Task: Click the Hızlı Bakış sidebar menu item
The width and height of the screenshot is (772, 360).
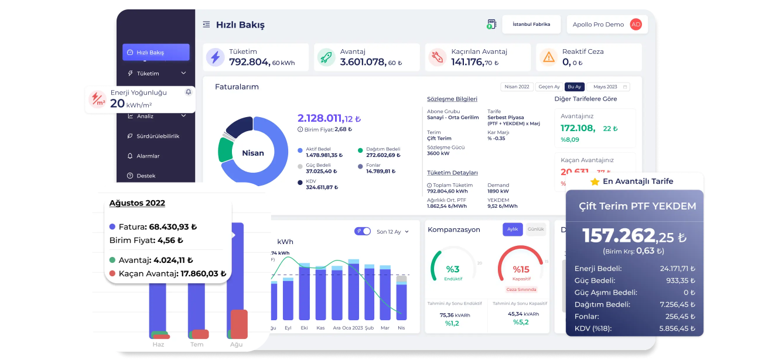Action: (x=156, y=52)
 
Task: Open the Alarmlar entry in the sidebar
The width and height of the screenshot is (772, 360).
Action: (x=148, y=156)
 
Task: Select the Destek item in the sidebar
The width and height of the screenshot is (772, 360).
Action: (x=145, y=176)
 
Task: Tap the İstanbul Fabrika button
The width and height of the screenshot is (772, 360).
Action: (x=531, y=25)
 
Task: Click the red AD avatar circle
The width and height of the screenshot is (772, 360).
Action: (x=636, y=25)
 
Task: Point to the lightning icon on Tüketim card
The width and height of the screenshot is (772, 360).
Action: (x=216, y=57)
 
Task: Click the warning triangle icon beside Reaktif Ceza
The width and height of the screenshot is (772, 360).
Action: (x=549, y=57)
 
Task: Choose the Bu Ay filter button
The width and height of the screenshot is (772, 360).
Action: (x=574, y=87)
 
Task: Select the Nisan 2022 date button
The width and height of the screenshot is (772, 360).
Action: (x=517, y=87)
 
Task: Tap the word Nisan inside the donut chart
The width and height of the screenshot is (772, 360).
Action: (x=253, y=153)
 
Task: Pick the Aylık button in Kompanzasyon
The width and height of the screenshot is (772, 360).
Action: (x=513, y=229)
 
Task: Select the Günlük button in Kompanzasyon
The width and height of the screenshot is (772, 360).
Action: (x=535, y=229)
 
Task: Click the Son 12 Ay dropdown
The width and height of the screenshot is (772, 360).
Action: (x=392, y=232)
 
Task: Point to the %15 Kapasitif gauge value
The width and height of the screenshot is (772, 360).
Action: (x=521, y=270)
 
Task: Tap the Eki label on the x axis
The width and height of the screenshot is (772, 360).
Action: (x=304, y=328)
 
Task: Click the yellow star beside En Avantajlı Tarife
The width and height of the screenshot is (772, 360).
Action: (x=595, y=181)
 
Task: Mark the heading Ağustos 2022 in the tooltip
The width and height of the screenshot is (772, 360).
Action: (x=137, y=203)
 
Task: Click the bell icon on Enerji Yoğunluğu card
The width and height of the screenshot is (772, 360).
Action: (x=188, y=92)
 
